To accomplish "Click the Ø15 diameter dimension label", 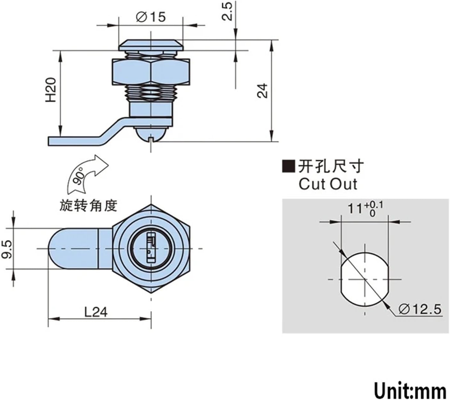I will (x=151, y=17).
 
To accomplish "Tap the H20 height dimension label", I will (x=51, y=90).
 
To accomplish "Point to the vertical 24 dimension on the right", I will (x=262, y=91).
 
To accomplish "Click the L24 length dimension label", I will (x=96, y=312).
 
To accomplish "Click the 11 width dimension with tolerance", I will (x=365, y=209).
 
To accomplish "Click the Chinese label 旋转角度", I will (x=89, y=205).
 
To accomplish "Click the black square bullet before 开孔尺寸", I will (x=288, y=167).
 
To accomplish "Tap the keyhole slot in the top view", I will (x=151, y=248).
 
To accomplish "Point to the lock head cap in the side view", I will (x=151, y=45).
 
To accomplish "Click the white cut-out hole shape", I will (x=365, y=279).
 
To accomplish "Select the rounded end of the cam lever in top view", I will (x=58, y=249).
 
